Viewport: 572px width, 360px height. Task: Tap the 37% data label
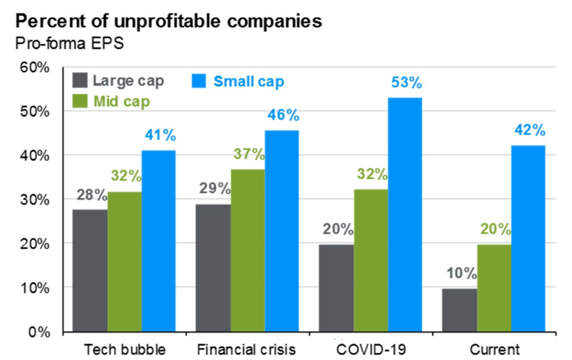[249, 155]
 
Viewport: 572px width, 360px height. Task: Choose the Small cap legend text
[249, 81]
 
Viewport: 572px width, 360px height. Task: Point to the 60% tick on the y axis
[34, 68]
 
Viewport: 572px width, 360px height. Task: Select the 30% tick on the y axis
[34, 200]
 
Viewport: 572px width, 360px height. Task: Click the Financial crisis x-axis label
[247, 349]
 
